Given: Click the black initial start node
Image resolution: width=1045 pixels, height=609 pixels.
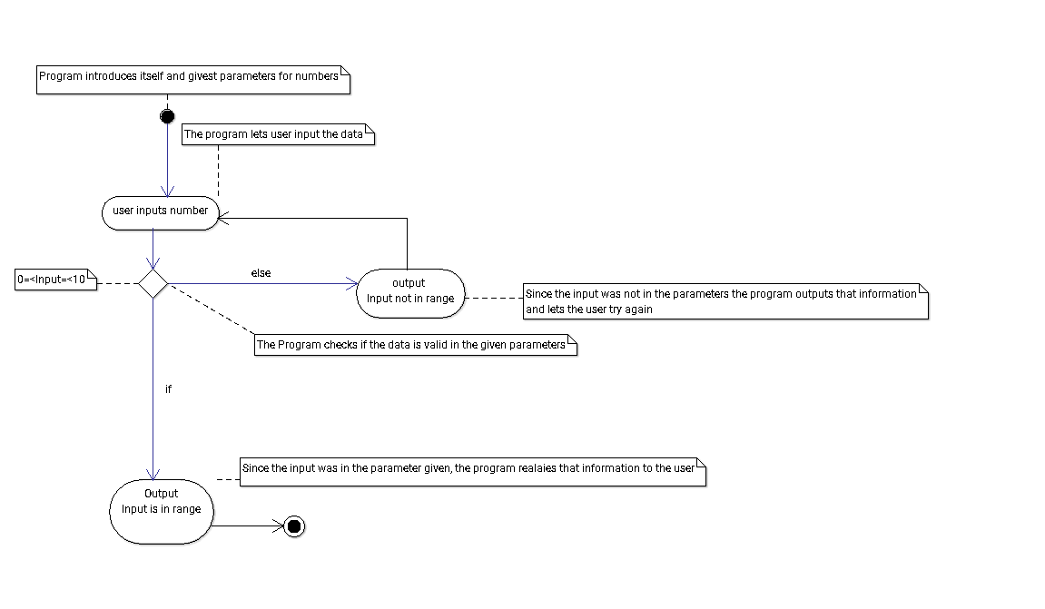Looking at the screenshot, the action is point(167,116).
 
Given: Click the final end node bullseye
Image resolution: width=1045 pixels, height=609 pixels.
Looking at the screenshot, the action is point(294,526).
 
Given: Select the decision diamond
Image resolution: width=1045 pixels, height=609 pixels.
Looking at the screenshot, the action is point(153,284).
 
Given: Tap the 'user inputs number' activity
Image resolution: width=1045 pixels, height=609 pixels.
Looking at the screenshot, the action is point(161,213).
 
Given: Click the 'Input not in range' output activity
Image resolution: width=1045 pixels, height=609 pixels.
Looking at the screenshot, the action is point(410,293).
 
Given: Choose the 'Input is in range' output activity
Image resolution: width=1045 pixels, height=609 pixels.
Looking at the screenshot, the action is point(162,512).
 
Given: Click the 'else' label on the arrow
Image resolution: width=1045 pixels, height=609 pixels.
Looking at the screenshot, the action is point(261,273).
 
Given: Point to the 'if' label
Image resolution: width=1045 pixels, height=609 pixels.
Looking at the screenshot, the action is point(168,389).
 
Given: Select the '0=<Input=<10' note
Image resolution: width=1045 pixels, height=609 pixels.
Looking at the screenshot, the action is point(56,280).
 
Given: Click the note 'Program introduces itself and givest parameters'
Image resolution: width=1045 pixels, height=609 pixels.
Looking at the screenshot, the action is point(193,80).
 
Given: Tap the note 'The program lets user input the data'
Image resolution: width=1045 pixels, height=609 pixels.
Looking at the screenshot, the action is point(279,134).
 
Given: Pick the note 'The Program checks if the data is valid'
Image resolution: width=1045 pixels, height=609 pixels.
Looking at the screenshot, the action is point(416,345).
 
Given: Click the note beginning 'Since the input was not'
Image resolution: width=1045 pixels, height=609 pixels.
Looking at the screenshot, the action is point(725,301).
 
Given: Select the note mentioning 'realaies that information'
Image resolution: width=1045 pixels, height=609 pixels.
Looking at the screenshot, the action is point(473,472).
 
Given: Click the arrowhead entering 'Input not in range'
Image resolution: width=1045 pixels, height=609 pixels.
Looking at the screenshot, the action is point(352,284).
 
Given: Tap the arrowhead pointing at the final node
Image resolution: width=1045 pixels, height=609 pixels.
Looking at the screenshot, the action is point(278,526).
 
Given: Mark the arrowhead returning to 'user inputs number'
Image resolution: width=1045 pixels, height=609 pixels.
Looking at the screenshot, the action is point(224,219).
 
